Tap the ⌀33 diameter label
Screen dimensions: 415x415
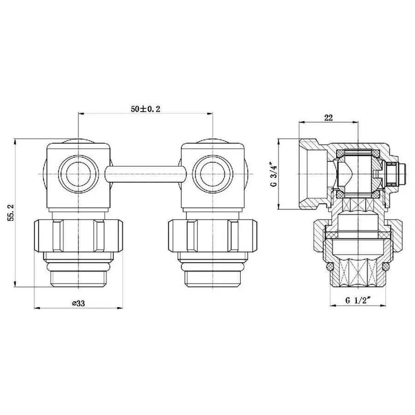(79, 303)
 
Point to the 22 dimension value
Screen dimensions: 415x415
(328, 118)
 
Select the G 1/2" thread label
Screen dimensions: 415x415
(358, 300)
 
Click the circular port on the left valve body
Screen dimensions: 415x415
(79, 174)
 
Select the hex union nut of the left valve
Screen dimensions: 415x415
(79, 236)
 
